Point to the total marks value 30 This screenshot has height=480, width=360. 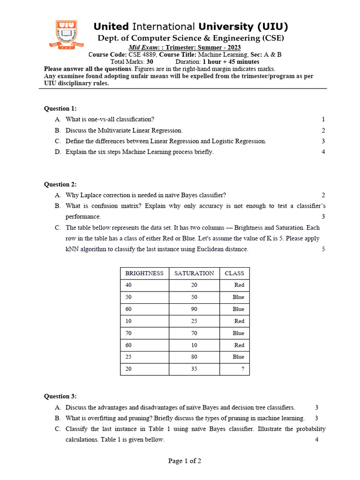click(x=150, y=61)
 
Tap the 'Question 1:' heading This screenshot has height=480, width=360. click(x=60, y=108)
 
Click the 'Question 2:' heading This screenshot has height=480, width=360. click(x=60, y=184)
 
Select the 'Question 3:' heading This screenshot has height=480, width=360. click(x=60, y=396)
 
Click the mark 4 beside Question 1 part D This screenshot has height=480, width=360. click(x=323, y=152)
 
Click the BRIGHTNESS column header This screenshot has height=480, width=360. click(x=144, y=273)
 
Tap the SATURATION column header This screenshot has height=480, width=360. click(x=194, y=273)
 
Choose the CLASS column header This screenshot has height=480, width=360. click(x=234, y=273)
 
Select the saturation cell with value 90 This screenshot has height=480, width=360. click(x=194, y=309)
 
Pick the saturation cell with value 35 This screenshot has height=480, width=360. click(x=194, y=369)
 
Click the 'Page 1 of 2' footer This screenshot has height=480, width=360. click(x=185, y=461)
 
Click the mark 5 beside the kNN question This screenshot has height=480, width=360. click(x=323, y=249)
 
